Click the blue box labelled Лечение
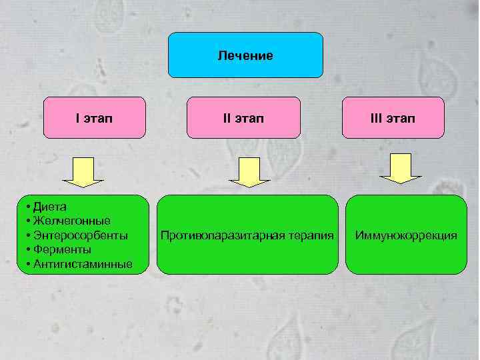(245, 55)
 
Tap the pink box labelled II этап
(244, 118)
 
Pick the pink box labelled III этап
(393, 118)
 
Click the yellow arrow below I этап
(83, 173)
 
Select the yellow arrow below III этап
(400, 169)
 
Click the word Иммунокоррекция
(406, 235)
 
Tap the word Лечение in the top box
(245, 55)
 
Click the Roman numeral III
(376, 118)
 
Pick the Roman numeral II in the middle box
(227, 118)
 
